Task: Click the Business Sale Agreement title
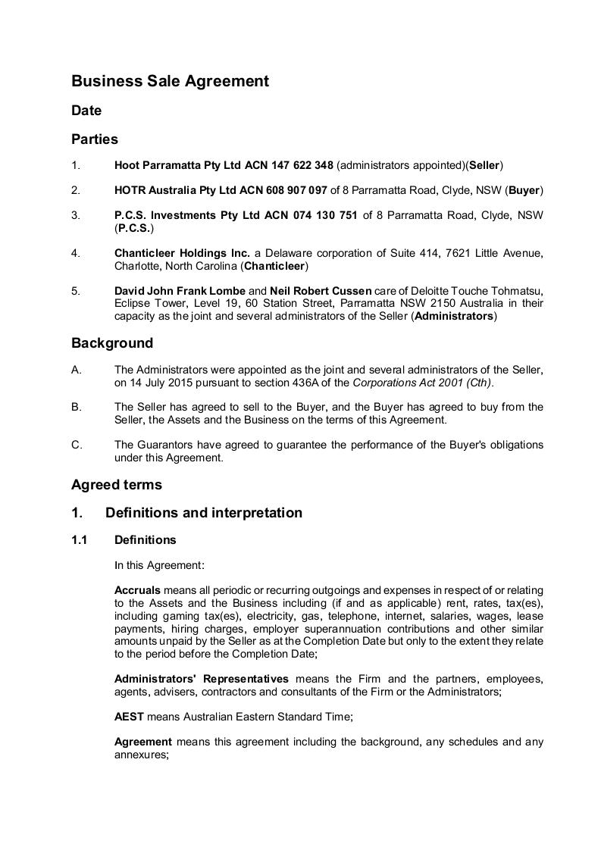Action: click(170, 81)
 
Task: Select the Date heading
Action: click(86, 111)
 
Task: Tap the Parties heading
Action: click(95, 139)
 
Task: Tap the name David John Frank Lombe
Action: click(180, 291)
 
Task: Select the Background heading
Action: click(112, 343)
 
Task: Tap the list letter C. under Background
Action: click(77, 445)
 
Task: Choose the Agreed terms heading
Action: click(117, 485)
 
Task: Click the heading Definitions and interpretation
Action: click(204, 513)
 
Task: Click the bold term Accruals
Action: click(137, 589)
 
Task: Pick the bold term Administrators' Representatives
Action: click(201, 678)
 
